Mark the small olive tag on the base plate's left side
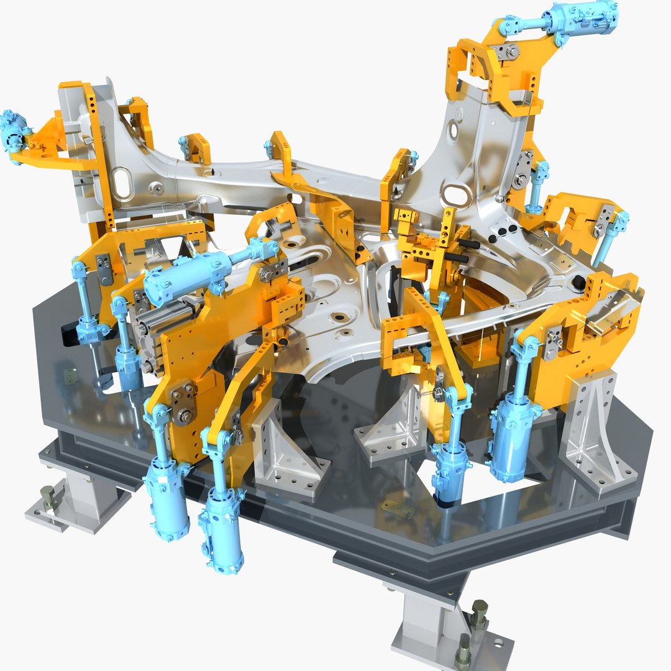(x=71, y=377)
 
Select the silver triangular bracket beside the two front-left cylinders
(x=280, y=450)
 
